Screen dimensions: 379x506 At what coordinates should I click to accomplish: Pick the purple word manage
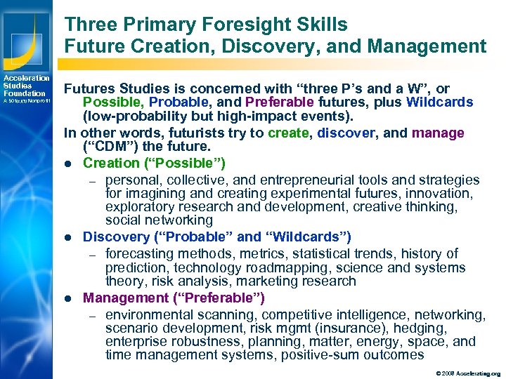tap(436, 133)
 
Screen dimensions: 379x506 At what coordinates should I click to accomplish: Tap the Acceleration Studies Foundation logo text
tap(25, 86)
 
